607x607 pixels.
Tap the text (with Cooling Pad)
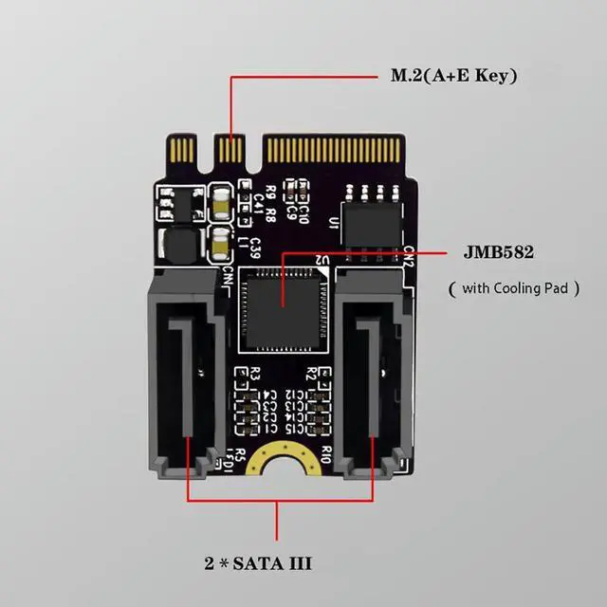pyautogui.click(x=513, y=286)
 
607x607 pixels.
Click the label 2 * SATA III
pyautogui.click(x=257, y=562)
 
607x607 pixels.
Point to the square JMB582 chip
pyautogui.click(x=283, y=301)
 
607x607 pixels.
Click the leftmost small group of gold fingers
pyautogui.click(x=178, y=150)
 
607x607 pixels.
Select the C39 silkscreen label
pyautogui.click(x=255, y=248)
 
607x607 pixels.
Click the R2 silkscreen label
pyautogui.click(x=310, y=371)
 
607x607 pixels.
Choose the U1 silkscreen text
pyautogui.click(x=332, y=224)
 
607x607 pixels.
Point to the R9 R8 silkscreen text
pyautogui.click(x=272, y=199)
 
